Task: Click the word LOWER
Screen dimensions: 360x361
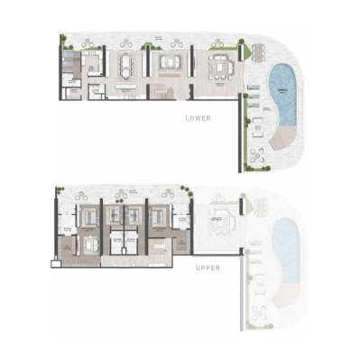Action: coord(197,118)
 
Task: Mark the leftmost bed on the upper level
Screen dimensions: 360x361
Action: coord(88,219)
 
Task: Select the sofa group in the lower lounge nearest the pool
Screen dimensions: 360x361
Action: coord(219,68)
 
